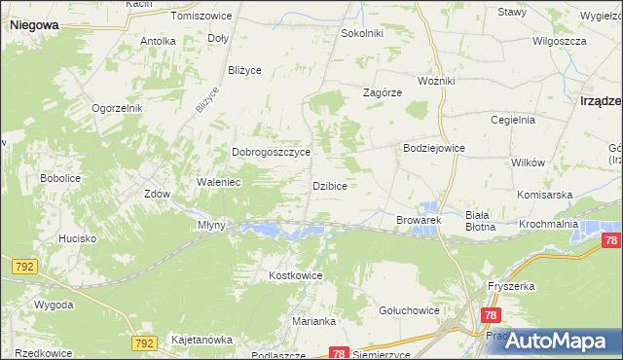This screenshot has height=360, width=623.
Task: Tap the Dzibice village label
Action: [x=330, y=185]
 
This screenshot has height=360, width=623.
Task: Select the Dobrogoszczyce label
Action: [x=271, y=153]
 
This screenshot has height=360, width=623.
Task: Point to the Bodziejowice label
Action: [x=433, y=148]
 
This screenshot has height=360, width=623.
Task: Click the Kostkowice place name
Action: [x=295, y=276]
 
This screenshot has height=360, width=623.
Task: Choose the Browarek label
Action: [x=420, y=221]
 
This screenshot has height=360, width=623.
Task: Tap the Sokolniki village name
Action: [x=361, y=33]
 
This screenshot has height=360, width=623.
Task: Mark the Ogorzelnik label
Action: [x=118, y=108]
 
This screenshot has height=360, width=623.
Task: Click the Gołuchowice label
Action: [x=409, y=310]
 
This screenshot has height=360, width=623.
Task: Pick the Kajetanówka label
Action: [x=202, y=340]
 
